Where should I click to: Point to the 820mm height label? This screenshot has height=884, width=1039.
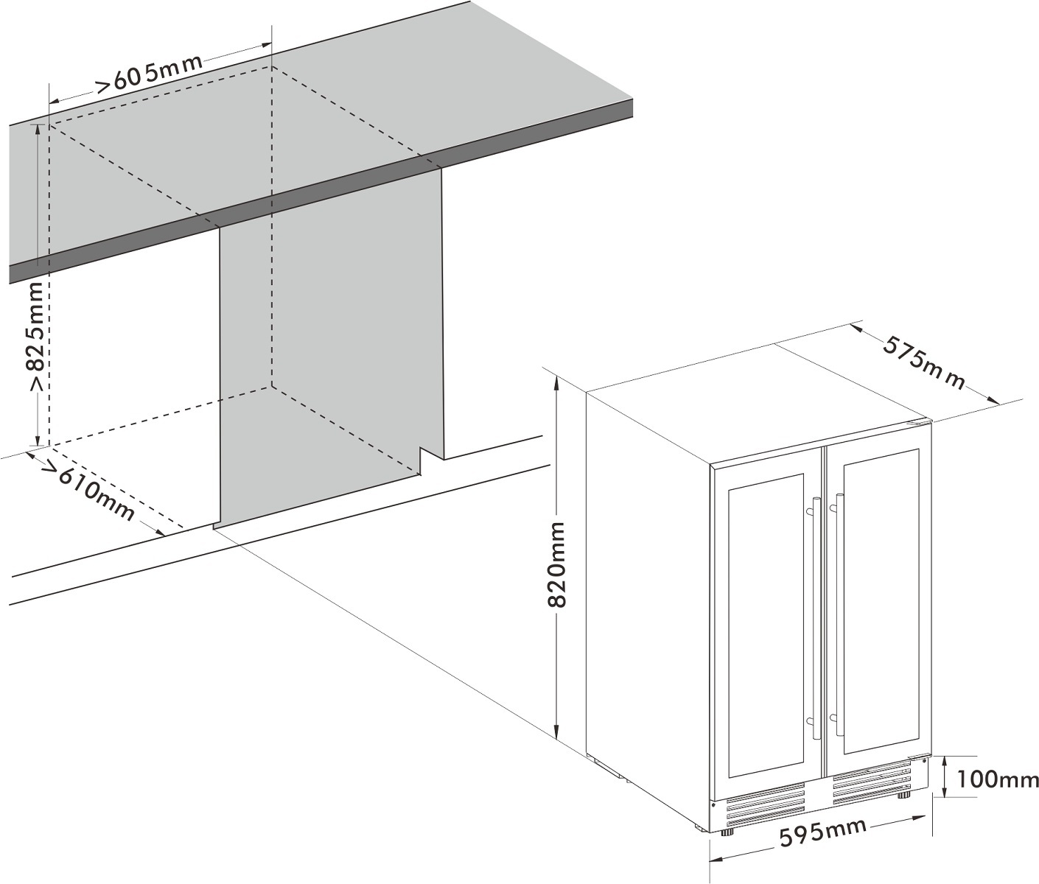click(x=558, y=565)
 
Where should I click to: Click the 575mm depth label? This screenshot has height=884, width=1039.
click(x=924, y=362)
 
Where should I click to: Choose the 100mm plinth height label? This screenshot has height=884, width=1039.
click(x=998, y=779)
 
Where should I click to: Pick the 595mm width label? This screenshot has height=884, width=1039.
click(x=822, y=833)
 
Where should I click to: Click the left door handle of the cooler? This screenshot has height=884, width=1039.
click(x=816, y=619)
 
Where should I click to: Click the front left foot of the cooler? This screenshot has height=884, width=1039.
click(x=728, y=832)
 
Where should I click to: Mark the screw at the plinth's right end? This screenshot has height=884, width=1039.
click(x=924, y=761)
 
